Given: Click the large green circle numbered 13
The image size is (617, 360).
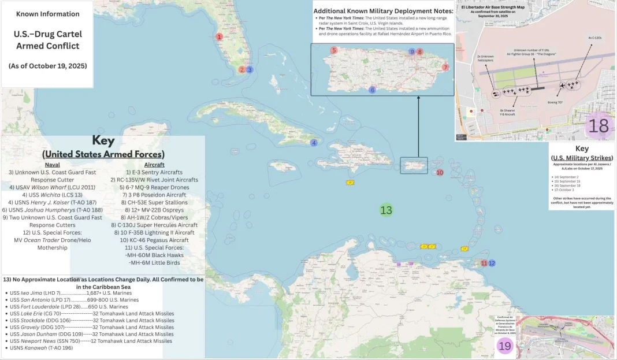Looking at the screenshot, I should point(386,210).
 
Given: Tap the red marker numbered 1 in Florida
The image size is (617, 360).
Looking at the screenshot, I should point(219,36).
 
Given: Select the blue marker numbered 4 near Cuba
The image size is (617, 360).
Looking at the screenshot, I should point(314,143).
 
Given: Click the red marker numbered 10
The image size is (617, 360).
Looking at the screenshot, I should point(440,173).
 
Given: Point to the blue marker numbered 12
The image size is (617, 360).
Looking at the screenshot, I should point(492,263).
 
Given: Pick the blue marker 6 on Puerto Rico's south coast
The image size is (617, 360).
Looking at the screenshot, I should point(373,90).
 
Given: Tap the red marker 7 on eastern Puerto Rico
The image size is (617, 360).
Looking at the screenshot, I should point(445,68).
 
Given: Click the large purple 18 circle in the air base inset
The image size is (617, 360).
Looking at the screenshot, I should point(599,126).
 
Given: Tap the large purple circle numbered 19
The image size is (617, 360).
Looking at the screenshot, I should point(504,346).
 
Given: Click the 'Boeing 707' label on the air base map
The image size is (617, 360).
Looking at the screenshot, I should point(556,102).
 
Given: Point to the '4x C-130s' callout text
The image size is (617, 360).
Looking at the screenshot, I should point(594,38).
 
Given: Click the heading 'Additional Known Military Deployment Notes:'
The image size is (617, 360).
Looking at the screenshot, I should point(381,11).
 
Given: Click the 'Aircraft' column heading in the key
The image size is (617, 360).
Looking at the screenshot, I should point(154,165).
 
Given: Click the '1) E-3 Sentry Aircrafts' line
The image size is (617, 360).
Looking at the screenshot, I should point(154,172).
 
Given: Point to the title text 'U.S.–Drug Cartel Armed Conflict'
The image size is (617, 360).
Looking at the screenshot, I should point(47,40).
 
